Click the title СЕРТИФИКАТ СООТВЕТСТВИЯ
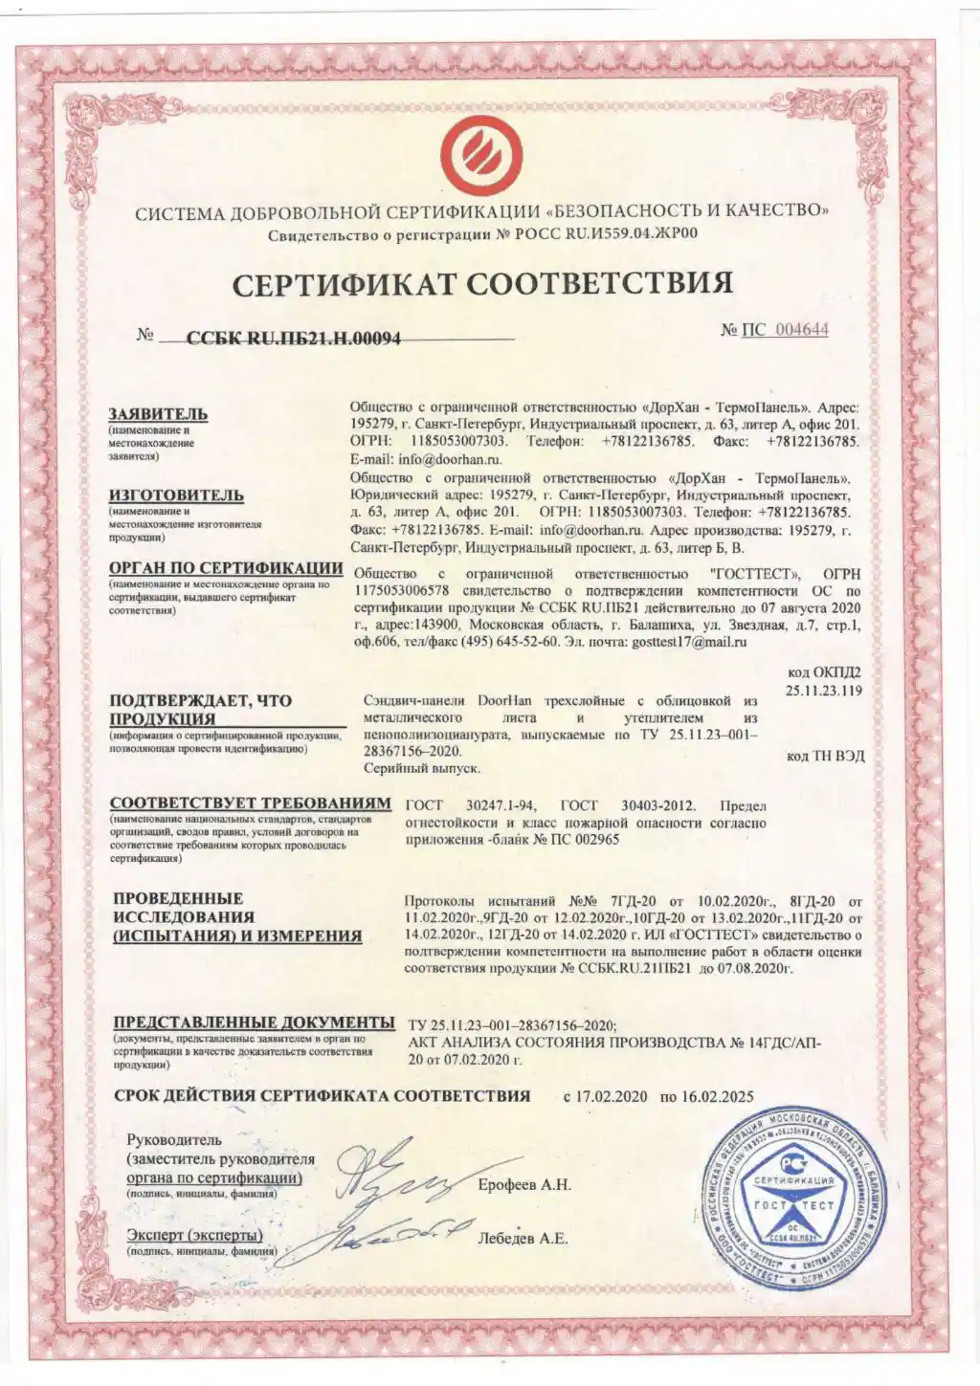(482, 284)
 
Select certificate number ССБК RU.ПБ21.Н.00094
(294, 337)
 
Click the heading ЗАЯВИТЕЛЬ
(158, 414)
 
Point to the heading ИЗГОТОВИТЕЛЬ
(176, 495)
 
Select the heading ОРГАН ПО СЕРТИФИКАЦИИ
(226, 568)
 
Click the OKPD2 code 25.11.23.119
(824, 689)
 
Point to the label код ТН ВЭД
(825, 756)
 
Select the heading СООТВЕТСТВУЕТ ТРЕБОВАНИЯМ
(250, 803)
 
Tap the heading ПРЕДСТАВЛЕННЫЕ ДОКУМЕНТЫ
(254, 1022)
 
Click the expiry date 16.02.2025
(717, 1097)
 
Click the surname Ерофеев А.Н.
(524, 1185)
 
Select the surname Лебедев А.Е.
(523, 1239)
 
